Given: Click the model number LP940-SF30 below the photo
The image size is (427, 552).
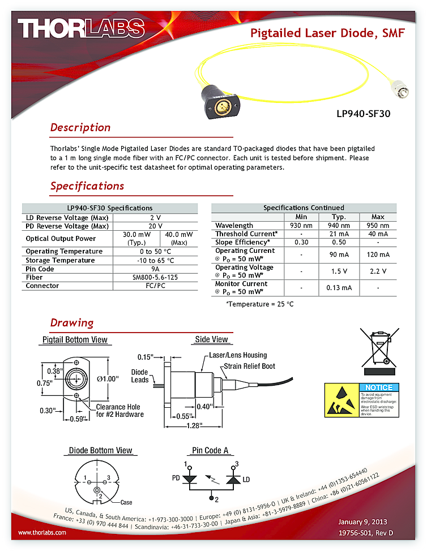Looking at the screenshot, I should pos(363,113).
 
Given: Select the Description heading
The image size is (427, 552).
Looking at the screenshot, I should pos(80,127).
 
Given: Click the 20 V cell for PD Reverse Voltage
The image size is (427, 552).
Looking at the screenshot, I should pos(155,226).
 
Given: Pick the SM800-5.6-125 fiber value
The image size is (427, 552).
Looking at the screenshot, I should pos(155,278).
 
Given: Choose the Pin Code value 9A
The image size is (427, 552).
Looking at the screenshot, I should pos(155,269).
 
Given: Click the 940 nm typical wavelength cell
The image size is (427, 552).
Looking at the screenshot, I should pos(339,226).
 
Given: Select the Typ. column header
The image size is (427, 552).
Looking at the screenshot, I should pos(339,217).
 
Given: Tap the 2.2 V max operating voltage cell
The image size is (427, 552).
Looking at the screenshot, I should pos(378,271).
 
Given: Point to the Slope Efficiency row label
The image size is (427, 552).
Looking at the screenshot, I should pos(242,242).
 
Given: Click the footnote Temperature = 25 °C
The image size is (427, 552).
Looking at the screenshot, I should pos(260,304).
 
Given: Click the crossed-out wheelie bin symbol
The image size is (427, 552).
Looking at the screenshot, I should pos(376,351).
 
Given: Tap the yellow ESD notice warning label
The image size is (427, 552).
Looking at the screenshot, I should pos(362,400).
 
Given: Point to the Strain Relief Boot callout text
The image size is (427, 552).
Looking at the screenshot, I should pos(249,366).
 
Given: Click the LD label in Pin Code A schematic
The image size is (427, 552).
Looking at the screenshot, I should pos(245,478).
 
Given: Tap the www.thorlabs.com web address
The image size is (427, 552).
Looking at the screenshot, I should pos(42,532).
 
